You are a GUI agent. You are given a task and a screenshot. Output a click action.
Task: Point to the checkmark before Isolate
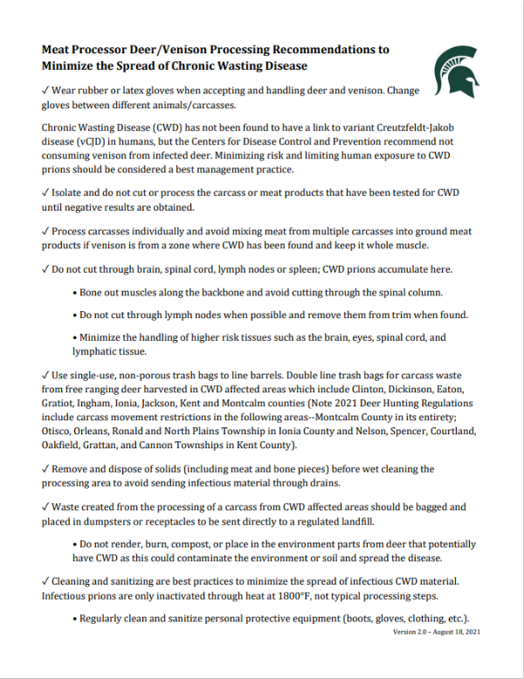point(45,191)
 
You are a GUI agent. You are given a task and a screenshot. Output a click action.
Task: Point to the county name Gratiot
point(59,404)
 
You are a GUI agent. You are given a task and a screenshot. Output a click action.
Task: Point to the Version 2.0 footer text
point(433,630)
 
